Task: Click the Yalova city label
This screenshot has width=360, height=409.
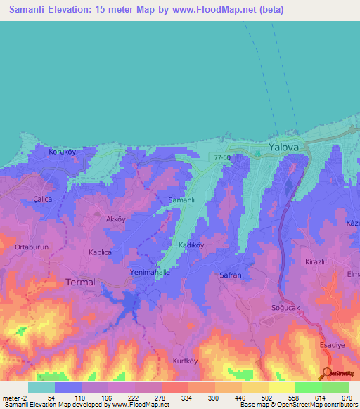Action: pos(283,148)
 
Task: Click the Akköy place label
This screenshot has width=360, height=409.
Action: pos(115,219)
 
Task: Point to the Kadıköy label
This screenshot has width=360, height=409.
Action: pos(191,245)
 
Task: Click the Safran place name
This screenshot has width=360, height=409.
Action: pos(231,275)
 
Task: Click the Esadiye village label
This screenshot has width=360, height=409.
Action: pos(336,345)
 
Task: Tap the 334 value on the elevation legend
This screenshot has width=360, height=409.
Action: pos(167,398)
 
